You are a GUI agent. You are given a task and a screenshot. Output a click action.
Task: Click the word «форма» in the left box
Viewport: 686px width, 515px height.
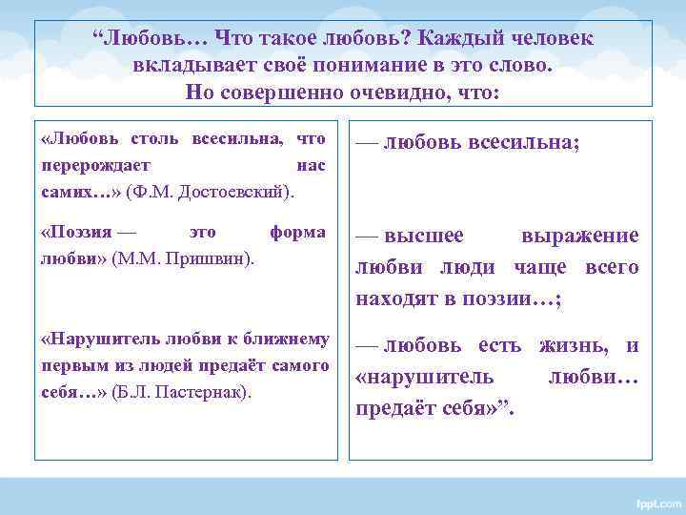[x=297, y=231]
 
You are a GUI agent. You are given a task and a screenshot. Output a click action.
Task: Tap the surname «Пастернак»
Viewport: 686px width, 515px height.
[x=204, y=392]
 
